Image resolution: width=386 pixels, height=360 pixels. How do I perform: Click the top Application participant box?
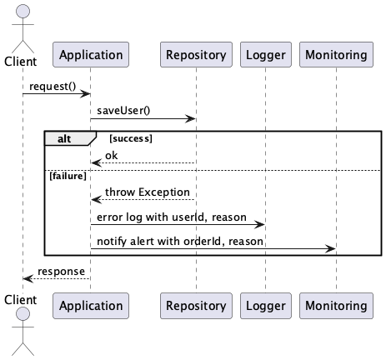(90, 56)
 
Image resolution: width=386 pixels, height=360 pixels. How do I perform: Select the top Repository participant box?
(196, 56)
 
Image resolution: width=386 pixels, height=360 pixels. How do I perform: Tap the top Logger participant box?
(265, 56)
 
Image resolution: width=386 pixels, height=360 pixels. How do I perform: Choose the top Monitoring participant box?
(335, 56)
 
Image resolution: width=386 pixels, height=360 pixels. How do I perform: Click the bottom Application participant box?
(90, 306)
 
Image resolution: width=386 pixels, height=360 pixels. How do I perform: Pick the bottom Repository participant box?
(196, 306)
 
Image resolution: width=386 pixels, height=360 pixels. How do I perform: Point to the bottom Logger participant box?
(265, 306)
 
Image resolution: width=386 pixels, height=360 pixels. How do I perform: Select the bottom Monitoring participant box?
(335, 306)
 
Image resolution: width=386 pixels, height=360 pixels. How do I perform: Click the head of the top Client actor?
(23, 11)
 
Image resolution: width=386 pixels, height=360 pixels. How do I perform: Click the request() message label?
(52, 86)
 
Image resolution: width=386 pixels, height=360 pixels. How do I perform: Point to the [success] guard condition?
(129, 138)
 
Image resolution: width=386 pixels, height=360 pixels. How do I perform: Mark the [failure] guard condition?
(68, 176)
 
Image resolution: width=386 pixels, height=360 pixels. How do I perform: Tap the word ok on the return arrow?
(112, 155)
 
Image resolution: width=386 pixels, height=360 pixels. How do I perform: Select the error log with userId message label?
(171, 217)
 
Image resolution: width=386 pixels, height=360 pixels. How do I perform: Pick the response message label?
(60, 272)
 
